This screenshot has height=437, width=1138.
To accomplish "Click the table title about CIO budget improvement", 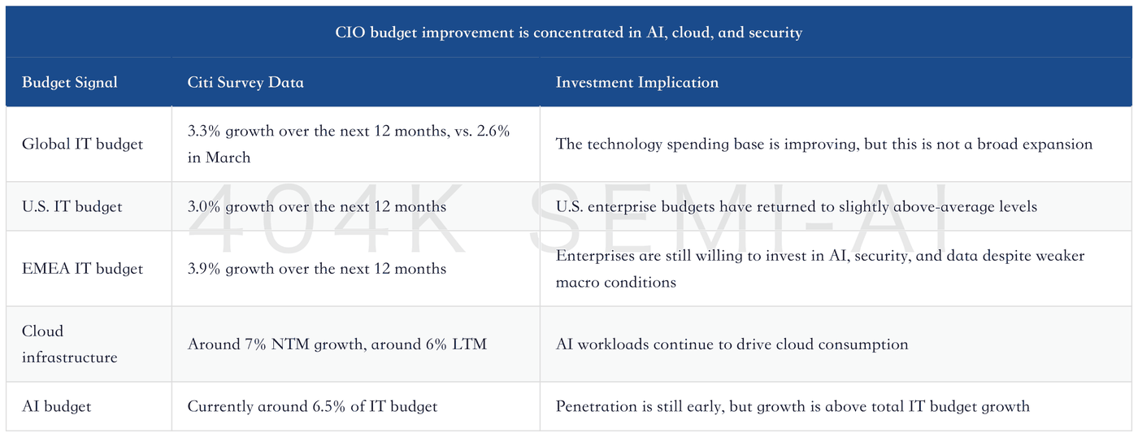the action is coord(568,32).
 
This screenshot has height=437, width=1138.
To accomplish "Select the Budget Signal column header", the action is coord(70,82).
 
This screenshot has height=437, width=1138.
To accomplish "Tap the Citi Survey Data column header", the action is coord(245,82).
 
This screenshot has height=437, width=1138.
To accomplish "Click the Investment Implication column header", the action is coord(637,82).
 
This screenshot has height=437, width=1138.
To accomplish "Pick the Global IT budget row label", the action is coord(82,144).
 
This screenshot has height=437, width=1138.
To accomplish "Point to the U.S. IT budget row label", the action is coord(72,206).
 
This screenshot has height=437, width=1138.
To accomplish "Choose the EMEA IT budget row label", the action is coord(82,269).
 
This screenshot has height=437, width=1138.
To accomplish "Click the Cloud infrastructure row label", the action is coord(70,344).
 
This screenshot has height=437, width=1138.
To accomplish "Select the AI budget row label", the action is coord(56,406).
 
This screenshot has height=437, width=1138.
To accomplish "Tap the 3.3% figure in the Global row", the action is coord(204,131).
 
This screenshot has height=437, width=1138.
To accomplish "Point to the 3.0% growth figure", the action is coord(204,206).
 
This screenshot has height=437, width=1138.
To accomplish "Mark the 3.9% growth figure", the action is coord(204,269).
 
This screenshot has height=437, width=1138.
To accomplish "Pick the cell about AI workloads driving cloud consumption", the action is coord(732,344).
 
